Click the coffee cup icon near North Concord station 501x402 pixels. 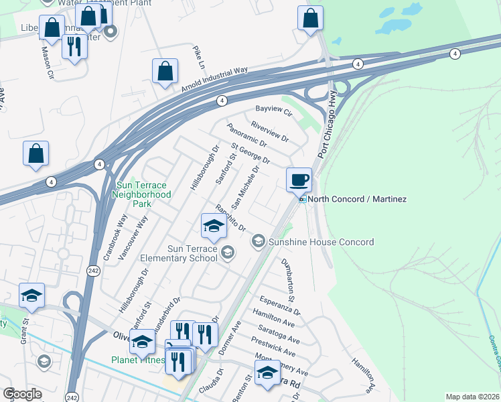[299, 180]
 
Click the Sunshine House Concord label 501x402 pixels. [321, 241]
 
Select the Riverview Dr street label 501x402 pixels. [269, 131]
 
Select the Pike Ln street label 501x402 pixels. [198, 58]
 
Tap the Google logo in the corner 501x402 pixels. [22, 394]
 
